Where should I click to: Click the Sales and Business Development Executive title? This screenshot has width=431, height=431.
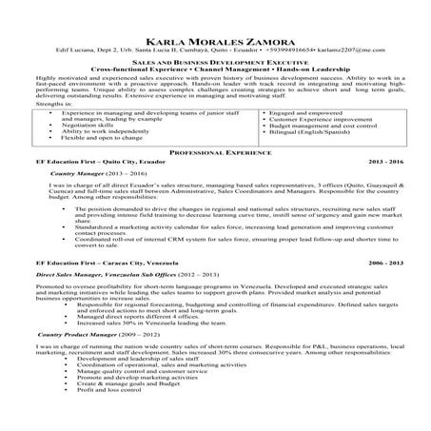[x=215, y=59]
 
